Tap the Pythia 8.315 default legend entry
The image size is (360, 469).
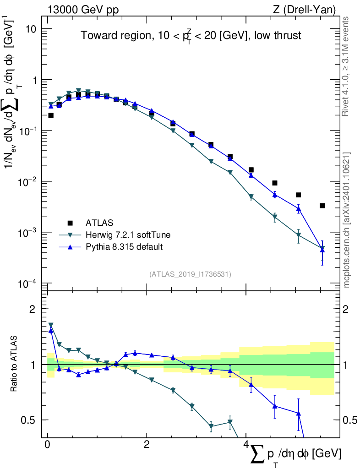pos(124,247)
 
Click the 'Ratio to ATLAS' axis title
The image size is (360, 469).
pos(15,365)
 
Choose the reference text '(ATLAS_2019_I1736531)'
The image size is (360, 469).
pos(190,274)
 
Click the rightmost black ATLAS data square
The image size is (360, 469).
pos(322,206)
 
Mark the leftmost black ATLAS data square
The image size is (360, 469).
pos(51,115)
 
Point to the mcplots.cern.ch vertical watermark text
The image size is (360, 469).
pos(347,220)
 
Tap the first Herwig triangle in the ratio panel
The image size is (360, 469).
pos(51,325)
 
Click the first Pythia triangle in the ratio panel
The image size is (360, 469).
pos(51,330)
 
